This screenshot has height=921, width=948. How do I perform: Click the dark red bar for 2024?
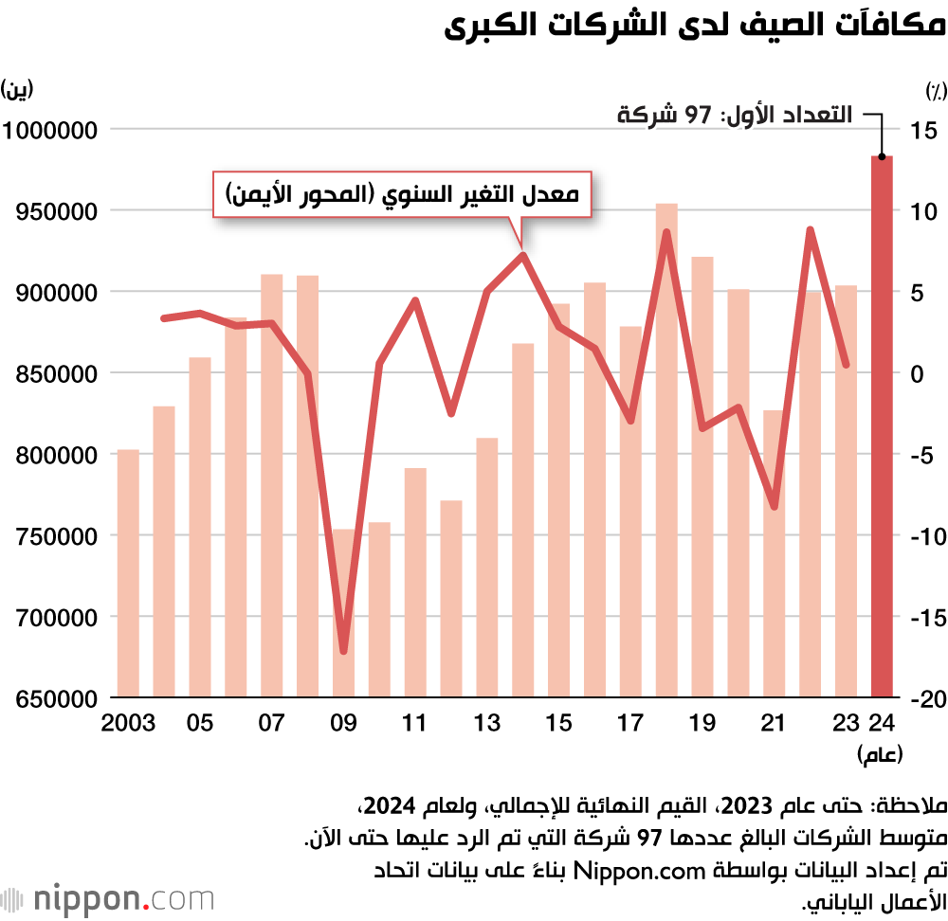click(883, 426)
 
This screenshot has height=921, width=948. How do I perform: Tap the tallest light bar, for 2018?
click(666, 450)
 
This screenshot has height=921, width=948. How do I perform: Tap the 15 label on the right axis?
click(923, 130)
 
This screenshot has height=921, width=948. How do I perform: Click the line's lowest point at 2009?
click(343, 651)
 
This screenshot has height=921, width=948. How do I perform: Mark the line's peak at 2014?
click(522, 254)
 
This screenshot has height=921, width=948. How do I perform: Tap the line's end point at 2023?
click(847, 364)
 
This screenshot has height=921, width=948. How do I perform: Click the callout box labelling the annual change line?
click(401, 196)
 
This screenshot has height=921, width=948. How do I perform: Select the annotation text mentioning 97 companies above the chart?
click(734, 116)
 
